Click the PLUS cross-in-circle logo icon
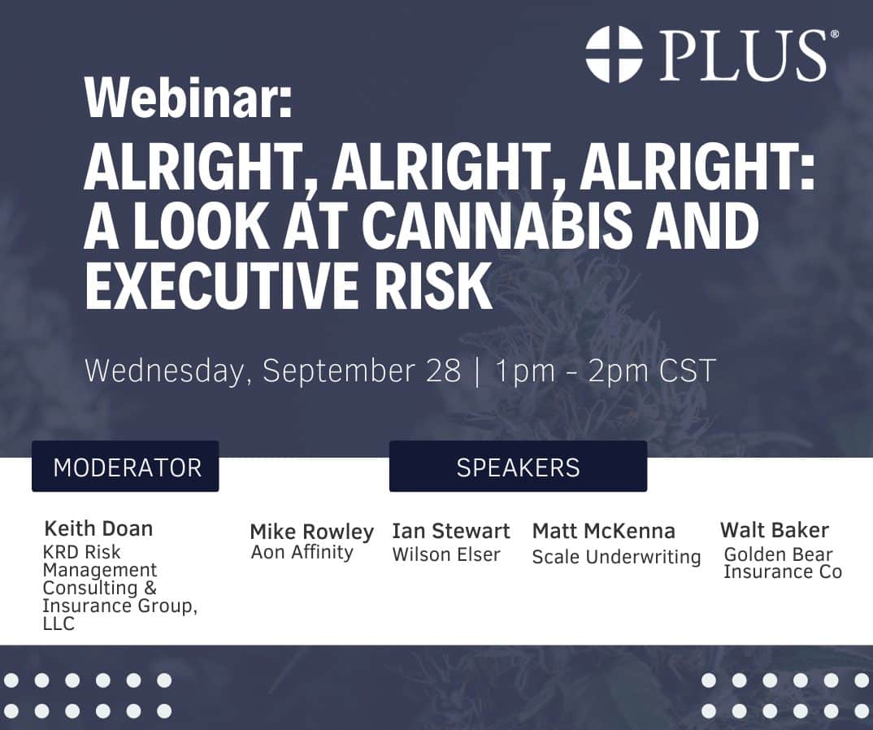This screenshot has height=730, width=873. [x=614, y=54]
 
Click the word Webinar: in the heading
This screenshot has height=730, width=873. [x=189, y=98]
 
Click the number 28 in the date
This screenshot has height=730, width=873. [x=444, y=371]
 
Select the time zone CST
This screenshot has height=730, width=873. [x=687, y=371]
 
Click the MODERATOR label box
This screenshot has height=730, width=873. [x=125, y=466]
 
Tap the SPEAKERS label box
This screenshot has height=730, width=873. [x=518, y=466]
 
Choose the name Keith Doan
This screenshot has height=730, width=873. [x=98, y=528]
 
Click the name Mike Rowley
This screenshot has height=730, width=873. [x=312, y=532]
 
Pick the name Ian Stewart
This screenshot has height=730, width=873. [x=451, y=531]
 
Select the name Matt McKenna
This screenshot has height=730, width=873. [x=604, y=531]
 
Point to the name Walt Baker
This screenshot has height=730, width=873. [x=775, y=529]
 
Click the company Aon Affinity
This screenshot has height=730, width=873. [x=302, y=552]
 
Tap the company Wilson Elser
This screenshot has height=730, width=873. [x=446, y=554]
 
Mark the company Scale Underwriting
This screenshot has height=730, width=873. [x=616, y=557]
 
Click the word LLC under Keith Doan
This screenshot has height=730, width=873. [x=59, y=624]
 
